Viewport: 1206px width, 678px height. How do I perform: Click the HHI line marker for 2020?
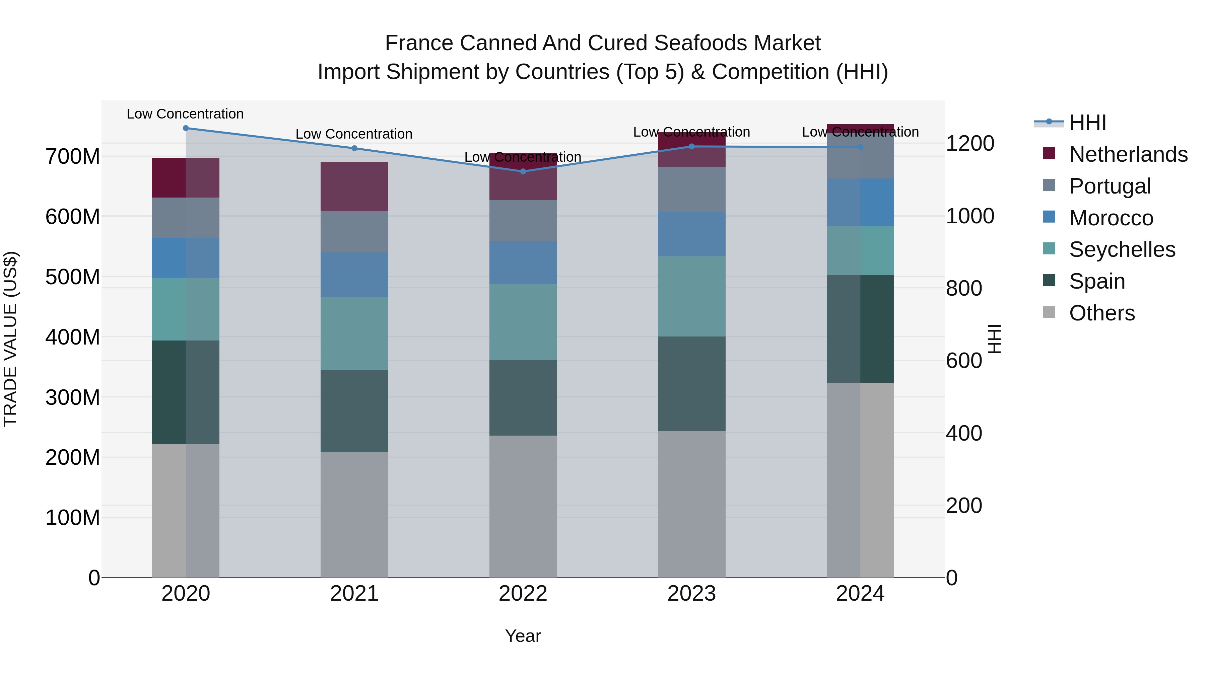pos(186,128)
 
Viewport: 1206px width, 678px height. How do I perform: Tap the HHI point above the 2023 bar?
pos(691,146)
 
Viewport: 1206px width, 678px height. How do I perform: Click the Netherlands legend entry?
pos(1128,154)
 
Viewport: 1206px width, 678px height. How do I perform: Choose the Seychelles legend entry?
pos(1122,249)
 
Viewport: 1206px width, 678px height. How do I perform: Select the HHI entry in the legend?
pos(1087,123)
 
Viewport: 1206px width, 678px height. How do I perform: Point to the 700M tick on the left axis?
pos(73,156)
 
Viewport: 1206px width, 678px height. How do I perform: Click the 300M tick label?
pos(73,397)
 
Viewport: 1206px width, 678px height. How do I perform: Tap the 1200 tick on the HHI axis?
pos(970,143)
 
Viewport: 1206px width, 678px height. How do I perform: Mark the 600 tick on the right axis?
pos(964,361)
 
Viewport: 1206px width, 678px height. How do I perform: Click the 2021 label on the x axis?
pos(354,594)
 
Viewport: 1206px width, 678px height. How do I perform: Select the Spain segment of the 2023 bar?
pos(691,384)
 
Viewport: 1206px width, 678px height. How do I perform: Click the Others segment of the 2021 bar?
pos(354,515)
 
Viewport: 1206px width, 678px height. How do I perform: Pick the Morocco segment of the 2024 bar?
pos(860,203)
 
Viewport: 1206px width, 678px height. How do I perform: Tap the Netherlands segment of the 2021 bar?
pos(354,187)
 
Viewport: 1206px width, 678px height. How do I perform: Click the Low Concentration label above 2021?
pos(354,134)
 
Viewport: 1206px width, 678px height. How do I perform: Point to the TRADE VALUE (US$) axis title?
pos(10,339)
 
